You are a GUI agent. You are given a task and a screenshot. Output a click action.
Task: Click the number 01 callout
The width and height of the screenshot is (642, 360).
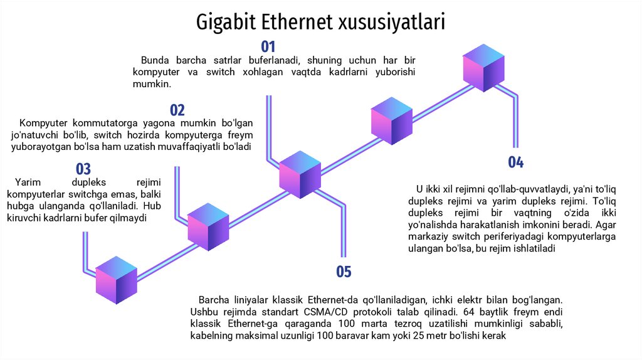pos(268,46)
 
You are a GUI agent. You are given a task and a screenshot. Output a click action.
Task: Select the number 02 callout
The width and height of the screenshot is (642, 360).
pos(177,111)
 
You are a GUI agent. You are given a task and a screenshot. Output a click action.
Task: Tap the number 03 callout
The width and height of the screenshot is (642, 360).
pos(83,169)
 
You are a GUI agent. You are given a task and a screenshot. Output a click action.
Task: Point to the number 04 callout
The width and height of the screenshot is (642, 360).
pos(515,162)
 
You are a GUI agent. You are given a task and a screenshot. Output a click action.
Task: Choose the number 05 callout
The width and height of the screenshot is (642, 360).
pos(344,272)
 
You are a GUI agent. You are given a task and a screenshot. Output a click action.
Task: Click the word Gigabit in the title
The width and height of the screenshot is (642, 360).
pos(226,23)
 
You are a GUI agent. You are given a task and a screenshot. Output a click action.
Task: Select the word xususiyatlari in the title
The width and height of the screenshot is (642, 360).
pos(392,23)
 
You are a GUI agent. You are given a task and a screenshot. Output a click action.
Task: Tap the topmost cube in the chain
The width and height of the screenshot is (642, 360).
pos(483,68)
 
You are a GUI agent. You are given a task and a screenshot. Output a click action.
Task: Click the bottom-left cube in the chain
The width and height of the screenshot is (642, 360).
pos(117,280)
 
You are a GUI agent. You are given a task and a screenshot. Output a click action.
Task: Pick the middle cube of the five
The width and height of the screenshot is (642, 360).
pos(300,174)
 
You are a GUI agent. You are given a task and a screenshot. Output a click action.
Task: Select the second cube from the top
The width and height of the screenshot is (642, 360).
pos(392,121)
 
